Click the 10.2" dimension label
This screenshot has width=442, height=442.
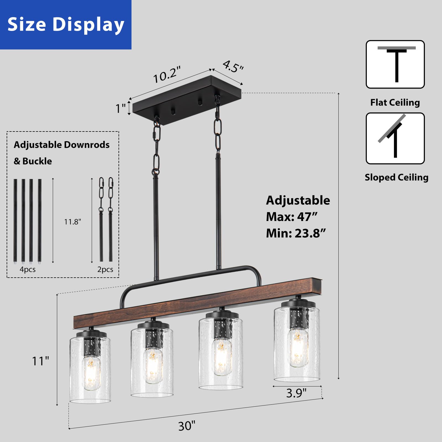(167, 74)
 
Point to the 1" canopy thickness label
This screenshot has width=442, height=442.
(120, 108)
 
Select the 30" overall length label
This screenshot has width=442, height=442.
(186, 426)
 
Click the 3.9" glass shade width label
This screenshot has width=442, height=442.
(296, 393)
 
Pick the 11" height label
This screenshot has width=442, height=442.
(40, 361)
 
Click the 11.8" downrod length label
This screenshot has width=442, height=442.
(73, 222)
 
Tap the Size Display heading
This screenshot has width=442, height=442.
(66, 24)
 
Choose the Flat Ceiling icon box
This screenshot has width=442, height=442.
(395, 64)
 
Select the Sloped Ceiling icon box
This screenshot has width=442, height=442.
(395, 138)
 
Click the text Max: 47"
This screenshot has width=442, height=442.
(292, 217)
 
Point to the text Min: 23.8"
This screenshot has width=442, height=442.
(296, 233)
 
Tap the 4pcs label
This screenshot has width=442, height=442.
(28, 269)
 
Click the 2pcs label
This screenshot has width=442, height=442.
(105, 269)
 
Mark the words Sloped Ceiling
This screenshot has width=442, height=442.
(396, 177)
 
